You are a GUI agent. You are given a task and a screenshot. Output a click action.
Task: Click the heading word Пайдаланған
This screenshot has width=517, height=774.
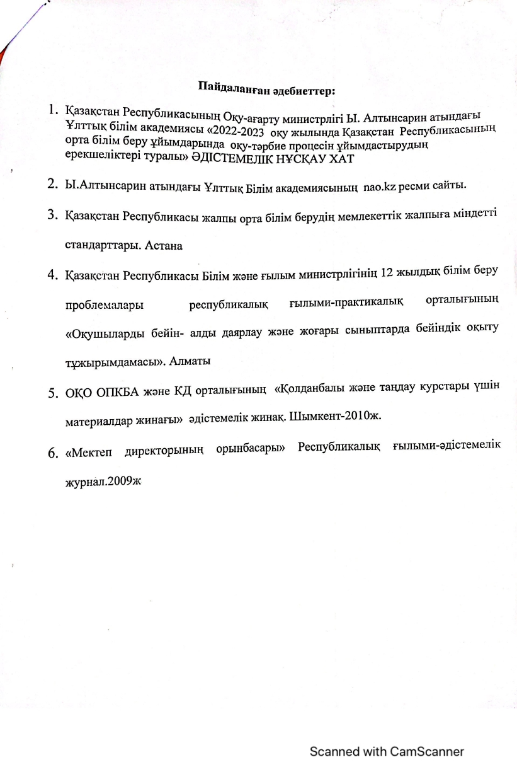pyautogui.click(x=234, y=87)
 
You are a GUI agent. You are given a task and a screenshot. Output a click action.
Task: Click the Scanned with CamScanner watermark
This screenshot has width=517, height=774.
pyautogui.click(x=386, y=751)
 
